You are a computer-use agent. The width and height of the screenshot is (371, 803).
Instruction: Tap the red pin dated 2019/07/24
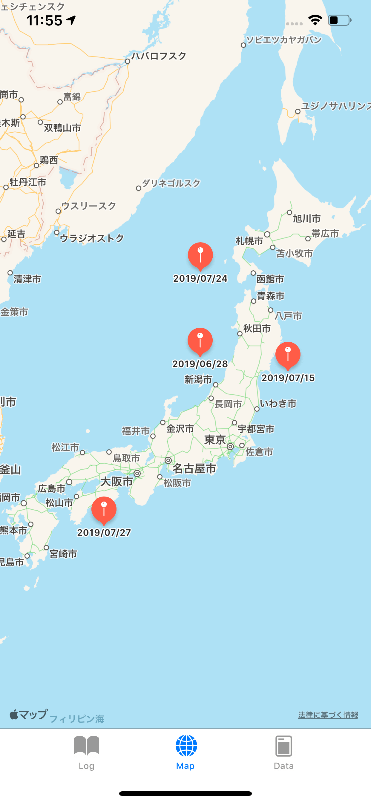(200, 256)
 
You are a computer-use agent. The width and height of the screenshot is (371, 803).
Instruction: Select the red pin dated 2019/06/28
(200, 341)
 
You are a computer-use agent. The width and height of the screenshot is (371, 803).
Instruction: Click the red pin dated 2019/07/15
(288, 355)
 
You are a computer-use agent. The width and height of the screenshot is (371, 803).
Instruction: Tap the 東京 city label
(215, 439)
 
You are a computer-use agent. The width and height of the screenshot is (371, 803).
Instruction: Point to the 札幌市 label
(249, 241)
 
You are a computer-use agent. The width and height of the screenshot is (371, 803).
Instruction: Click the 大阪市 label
(116, 481)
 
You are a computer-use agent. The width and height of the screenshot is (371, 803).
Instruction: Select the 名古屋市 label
(194, 468)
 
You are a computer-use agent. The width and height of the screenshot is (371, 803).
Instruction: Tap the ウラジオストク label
(92, 238)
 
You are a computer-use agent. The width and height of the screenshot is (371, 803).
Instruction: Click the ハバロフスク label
(159, 56)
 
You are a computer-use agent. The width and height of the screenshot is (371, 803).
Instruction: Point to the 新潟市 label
(198, 379)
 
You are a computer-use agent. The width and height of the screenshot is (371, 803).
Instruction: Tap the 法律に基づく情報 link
(328, 715)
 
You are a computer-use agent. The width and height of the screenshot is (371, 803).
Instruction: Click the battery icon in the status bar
(339, 20)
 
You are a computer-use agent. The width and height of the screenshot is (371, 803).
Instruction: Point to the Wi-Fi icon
(315, 20)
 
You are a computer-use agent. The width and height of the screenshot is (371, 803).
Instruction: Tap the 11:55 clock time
(44, 21)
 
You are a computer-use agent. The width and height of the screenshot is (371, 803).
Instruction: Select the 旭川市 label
(307, 218)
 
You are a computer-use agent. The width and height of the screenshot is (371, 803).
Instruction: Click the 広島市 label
(52, 488)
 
